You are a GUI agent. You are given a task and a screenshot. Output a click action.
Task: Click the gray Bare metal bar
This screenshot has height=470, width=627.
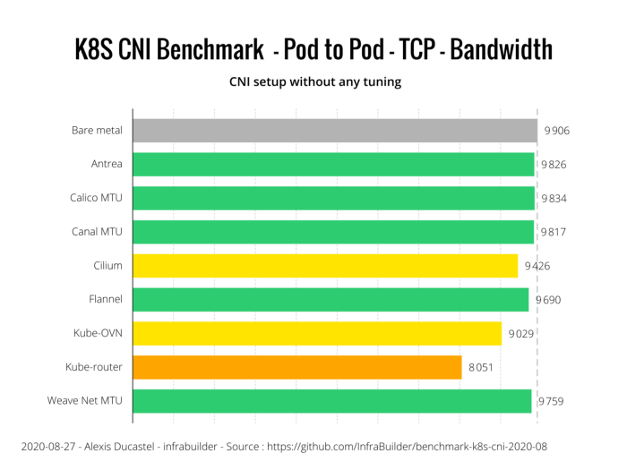click(x=334, y=131)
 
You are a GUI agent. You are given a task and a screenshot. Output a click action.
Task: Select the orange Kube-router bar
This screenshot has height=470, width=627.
click(x=297, y=367)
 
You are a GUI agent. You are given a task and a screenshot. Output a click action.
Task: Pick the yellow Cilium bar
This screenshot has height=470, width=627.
click(x=325, y=266)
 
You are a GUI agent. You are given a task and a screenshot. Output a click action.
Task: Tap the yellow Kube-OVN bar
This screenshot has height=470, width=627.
click(x=317, y=333)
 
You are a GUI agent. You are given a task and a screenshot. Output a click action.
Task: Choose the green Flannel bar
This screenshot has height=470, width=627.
click(x=331, y=300)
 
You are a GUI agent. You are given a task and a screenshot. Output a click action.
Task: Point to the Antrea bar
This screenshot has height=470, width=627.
click(x=333, y=165)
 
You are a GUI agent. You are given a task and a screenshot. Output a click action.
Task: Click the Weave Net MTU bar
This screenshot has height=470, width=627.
click(x=332, y=401)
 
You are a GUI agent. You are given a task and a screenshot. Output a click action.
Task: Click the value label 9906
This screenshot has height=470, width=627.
click(x=556, y=131)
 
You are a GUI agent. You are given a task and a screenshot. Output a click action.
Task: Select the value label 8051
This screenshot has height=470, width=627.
click(x=480, y=367)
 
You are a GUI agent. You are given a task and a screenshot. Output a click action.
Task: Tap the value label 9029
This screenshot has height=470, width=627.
click(x=520, y=333)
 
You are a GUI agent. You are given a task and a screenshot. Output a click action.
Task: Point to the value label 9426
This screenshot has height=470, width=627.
click(x=537, y=266)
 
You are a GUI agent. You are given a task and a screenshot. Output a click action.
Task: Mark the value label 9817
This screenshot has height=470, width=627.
click(x=553, y=232)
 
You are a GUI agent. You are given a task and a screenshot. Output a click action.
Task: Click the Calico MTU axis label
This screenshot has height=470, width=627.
click(x=96, y=198)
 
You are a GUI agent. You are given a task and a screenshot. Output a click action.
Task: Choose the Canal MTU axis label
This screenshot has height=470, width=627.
click(x=97, y=232)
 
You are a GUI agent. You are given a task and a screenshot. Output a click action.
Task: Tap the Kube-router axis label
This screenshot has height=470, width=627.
click(x=94, y=367)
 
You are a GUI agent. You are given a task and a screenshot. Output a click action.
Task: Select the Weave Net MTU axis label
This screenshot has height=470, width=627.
click(x=85, y=401)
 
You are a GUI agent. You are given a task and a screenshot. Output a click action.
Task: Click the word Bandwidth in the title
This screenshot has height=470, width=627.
click(x=502, y=50)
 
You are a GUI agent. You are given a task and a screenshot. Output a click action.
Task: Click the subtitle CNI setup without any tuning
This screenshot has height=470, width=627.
click(x=313, y=82)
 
